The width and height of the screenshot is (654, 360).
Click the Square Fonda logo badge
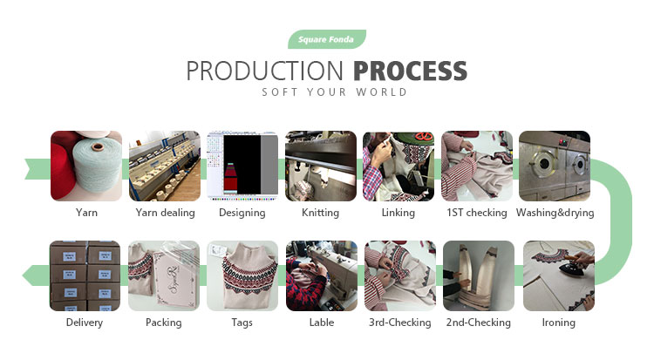pos(327,39)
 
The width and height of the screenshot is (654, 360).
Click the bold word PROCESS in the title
pos(411,71)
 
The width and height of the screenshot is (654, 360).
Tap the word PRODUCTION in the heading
pos(265,71)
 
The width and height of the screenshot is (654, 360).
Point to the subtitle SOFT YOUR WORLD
pos(334,92)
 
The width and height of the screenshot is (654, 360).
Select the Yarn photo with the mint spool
pos(86,166)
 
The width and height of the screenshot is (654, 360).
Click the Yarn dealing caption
pos(165,213)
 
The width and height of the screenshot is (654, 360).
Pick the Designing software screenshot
pos(242,166)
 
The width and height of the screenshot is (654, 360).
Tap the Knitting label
pos(320,213)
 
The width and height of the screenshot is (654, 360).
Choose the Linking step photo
pos(399,166)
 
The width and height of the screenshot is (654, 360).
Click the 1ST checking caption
pos(477,213)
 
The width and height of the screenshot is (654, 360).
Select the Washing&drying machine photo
pos(555,166)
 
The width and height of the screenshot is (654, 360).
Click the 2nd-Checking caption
pos(479,323)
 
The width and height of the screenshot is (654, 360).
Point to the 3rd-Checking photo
pos(400,275)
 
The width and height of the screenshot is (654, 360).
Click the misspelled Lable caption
pos(322,323)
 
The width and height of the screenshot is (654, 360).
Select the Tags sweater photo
pos(242,275)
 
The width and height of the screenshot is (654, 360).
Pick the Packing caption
pos(164,323)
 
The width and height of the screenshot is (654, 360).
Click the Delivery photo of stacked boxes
pos(85,275)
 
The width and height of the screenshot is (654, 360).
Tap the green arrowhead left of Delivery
pos(30,275)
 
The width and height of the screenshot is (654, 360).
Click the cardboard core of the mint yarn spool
pos(98,146)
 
